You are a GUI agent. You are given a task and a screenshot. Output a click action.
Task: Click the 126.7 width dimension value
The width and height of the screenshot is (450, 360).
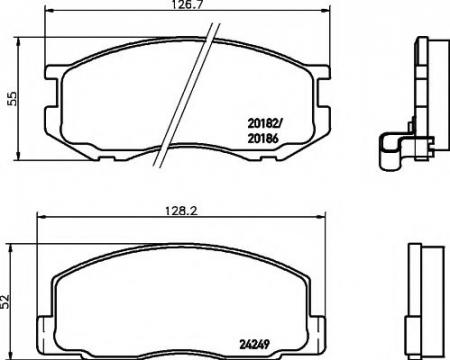point(187,5)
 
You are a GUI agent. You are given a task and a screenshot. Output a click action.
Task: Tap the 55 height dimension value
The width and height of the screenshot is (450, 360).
point(11,99)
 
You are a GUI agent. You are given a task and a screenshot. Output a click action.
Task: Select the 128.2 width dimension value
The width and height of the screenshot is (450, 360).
point(182,211)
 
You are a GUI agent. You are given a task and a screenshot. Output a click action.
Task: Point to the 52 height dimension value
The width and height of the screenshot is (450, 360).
point(5,301)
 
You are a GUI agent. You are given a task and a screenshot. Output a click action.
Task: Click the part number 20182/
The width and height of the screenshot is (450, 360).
point(264,124)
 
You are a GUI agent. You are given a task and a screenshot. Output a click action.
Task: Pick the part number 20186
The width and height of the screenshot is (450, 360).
point(263,139)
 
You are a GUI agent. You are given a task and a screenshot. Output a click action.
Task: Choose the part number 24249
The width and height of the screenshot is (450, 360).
point(254,344)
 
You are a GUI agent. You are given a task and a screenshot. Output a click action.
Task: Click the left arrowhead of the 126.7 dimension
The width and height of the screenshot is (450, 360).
point(49,11)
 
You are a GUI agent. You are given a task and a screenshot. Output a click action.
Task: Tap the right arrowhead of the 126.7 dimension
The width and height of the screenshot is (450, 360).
point(325,11)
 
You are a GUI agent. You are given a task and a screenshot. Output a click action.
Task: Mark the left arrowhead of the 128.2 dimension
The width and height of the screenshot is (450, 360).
point(41,217)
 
